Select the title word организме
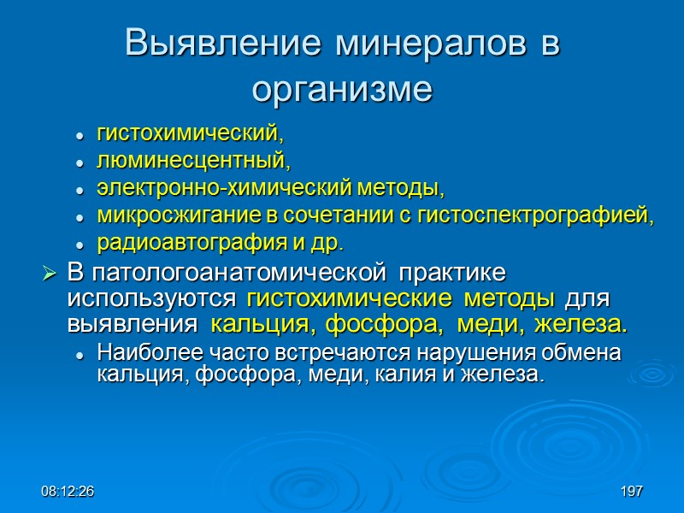pyautogui.click(x=342, y=88)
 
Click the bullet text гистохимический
pyautogui.click(x=189, y=134)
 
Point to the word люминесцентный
pyautogui.click(x=193, y=161)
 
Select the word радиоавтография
pyautogui.click(x=174, y=242)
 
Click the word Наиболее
pyautogui.click(x=140, y=353)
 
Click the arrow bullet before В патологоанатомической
pyautogui.click(x=50, y=275)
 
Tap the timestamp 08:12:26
pyautogui.click(x=68, y=492)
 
